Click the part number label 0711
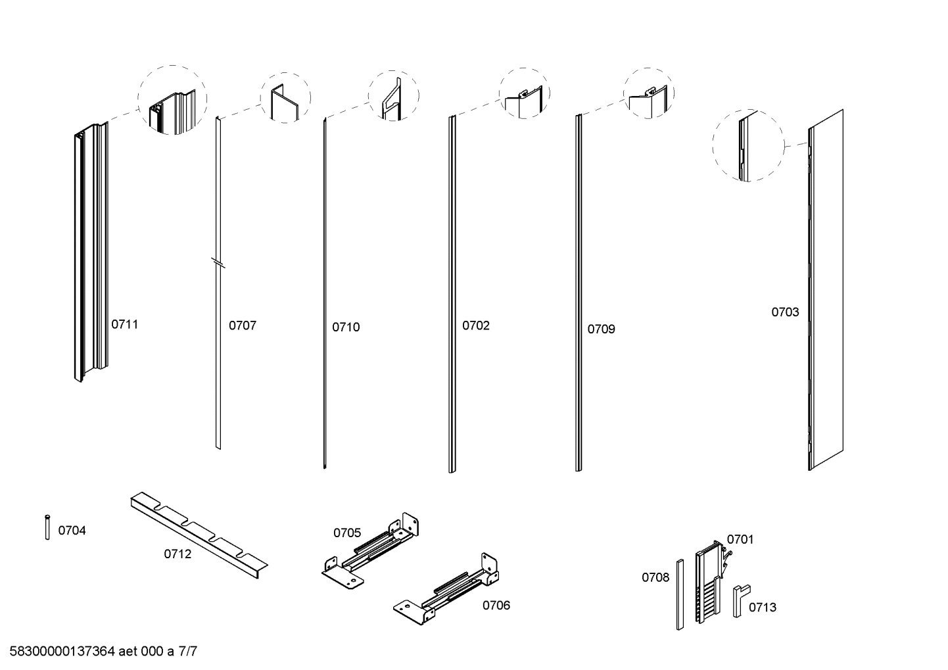click(124, 324)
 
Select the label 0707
click(242, 325)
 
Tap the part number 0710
click(345, 327)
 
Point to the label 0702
click(475, 325)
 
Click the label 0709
click(601, 329)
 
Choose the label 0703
click(785, 312)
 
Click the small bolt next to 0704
click(47, 527)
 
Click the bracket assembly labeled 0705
click(371, 551)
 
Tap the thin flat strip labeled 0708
click(680, 594)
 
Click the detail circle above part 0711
click(172, 100)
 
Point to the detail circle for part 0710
click(393, 95)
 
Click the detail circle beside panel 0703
click(748, 145)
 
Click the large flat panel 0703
click(827, 289)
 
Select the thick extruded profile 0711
click(89, 253)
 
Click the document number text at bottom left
click(103, 652)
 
